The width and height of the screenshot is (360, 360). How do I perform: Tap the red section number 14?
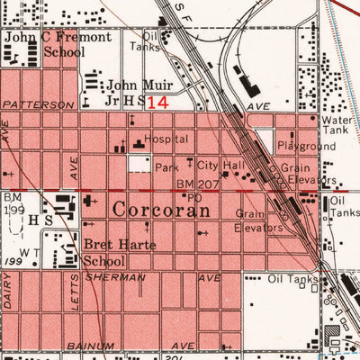(157, 103)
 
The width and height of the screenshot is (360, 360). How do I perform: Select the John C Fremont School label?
(58, 45)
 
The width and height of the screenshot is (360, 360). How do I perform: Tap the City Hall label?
(220, 166)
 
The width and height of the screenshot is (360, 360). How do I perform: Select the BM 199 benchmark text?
(13, 202)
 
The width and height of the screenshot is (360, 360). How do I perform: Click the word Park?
(166, 168)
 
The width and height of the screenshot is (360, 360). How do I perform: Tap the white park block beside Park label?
(139, 164)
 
